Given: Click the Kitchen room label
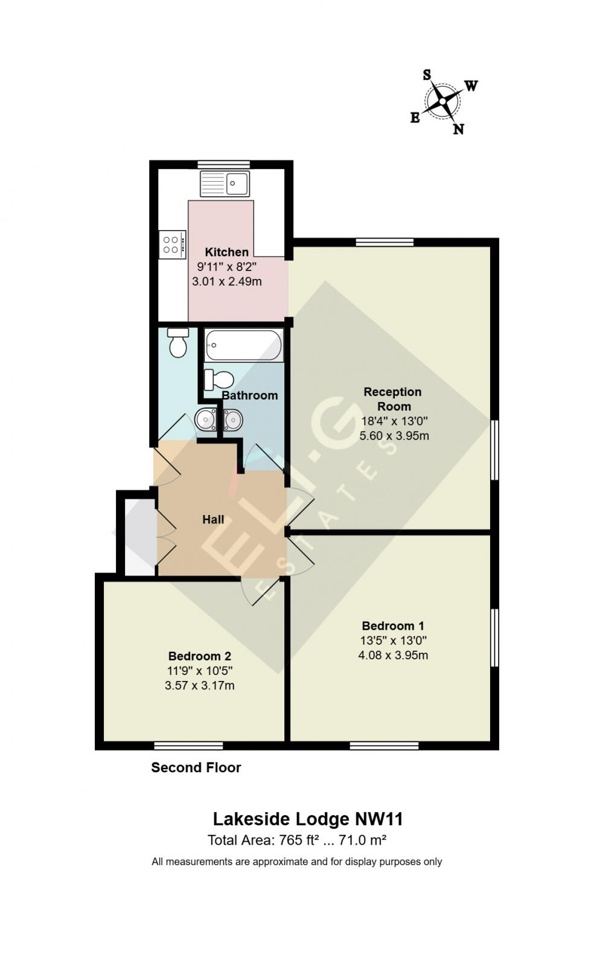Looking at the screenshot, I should click(226, 252).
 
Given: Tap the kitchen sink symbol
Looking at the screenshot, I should click(225, 184).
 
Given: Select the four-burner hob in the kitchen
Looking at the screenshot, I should click(171, 245).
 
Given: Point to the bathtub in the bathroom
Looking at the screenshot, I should click(243, 345).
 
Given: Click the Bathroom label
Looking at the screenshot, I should click(249, 395).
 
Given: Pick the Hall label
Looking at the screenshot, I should click(213, 519).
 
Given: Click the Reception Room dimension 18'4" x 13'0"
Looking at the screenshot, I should click(394, 421).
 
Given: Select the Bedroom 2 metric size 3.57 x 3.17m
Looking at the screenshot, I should click(199, 685).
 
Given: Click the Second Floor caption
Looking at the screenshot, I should click(196, 767).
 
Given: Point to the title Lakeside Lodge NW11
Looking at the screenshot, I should click(307, 819).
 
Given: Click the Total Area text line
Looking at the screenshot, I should click(296, 840).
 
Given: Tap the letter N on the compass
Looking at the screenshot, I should click(458, 129).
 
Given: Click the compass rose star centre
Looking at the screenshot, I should click(442, 101).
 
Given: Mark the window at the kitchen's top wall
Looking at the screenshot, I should click(223, 164).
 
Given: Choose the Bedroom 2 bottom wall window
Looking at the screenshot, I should click(188, 746).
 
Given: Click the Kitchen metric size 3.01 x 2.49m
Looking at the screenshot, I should click(226, 281).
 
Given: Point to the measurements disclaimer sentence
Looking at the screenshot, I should click(296, 862).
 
